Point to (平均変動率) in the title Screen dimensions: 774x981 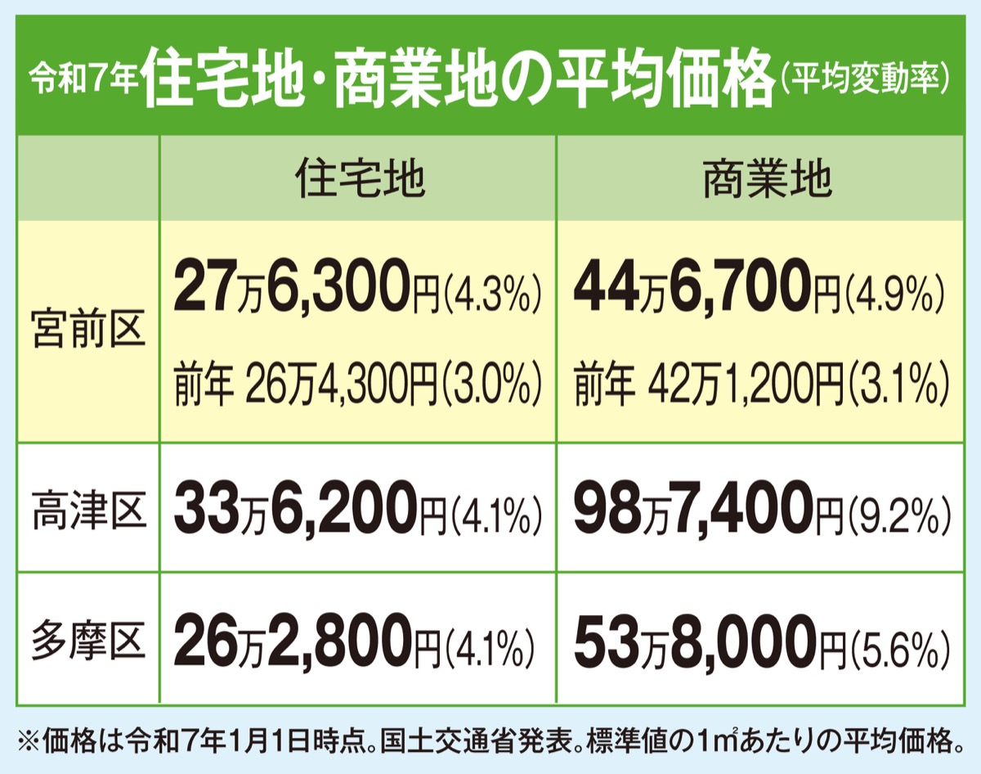(x=867, y=79)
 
